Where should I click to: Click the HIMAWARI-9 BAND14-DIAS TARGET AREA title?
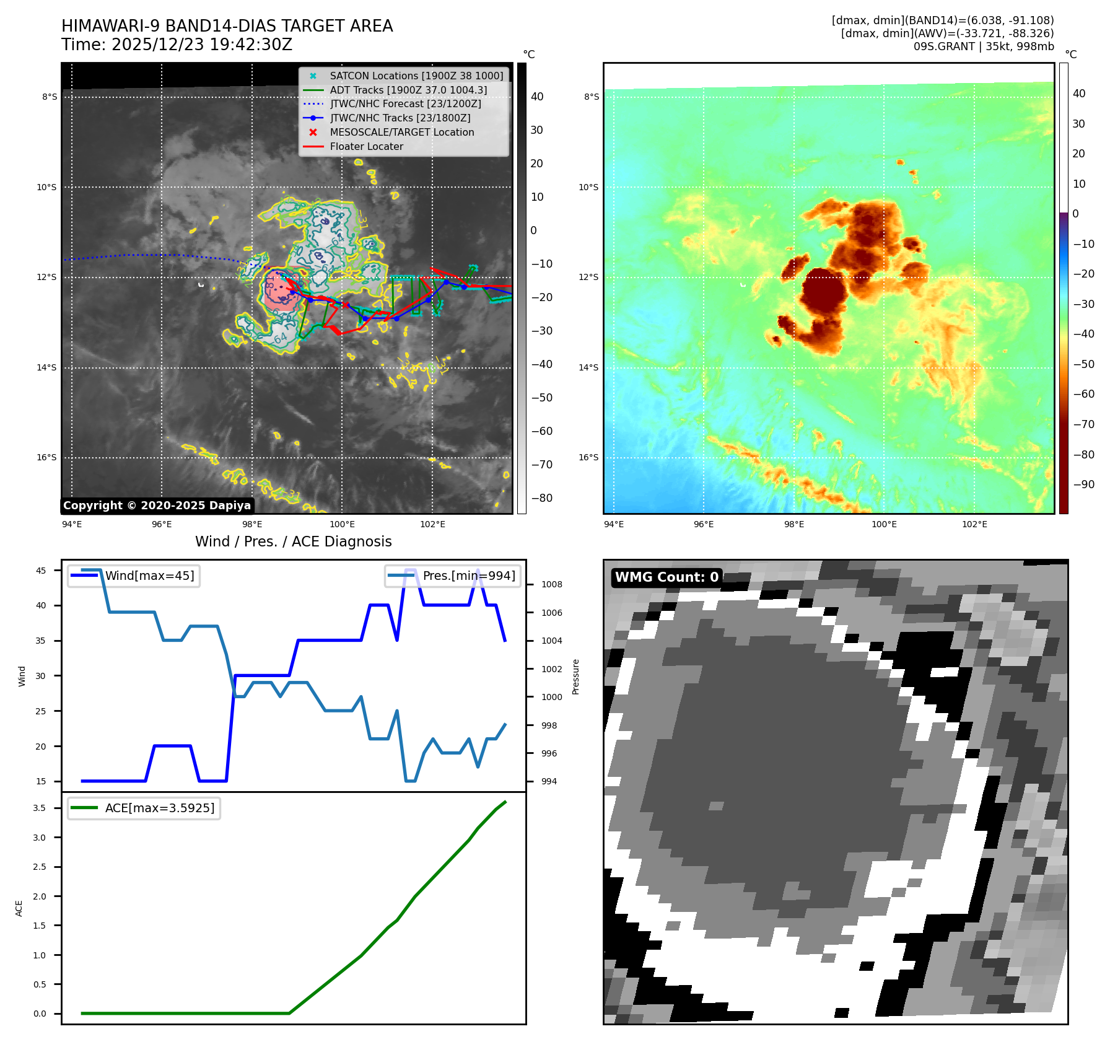coord(227,26)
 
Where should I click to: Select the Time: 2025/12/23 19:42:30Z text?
coord(177,45)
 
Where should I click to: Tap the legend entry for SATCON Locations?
coord(416,76)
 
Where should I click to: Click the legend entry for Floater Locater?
coord(366,146)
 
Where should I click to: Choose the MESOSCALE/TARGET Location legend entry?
coord(401,132)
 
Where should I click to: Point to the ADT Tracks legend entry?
coord(408,90)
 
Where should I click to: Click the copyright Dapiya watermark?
coord(157,506)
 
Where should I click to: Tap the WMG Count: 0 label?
coord(666,577)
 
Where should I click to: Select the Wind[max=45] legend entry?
coord(149,576)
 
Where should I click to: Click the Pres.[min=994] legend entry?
coord(468,576)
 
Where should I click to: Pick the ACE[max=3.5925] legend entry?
coord(159,808)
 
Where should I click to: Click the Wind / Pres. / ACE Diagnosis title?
coord(293,541)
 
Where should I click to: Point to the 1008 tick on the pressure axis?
coord(551,584)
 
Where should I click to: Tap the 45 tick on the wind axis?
coord(41,571)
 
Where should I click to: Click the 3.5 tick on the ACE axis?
coord(40,808)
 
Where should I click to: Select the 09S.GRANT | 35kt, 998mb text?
coord(983,46)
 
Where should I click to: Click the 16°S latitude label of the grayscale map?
coord(46,458)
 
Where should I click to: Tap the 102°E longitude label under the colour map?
coord(974,524)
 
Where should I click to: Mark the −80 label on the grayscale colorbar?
coord(541,498)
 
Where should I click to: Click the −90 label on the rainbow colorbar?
coord(1083,484)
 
